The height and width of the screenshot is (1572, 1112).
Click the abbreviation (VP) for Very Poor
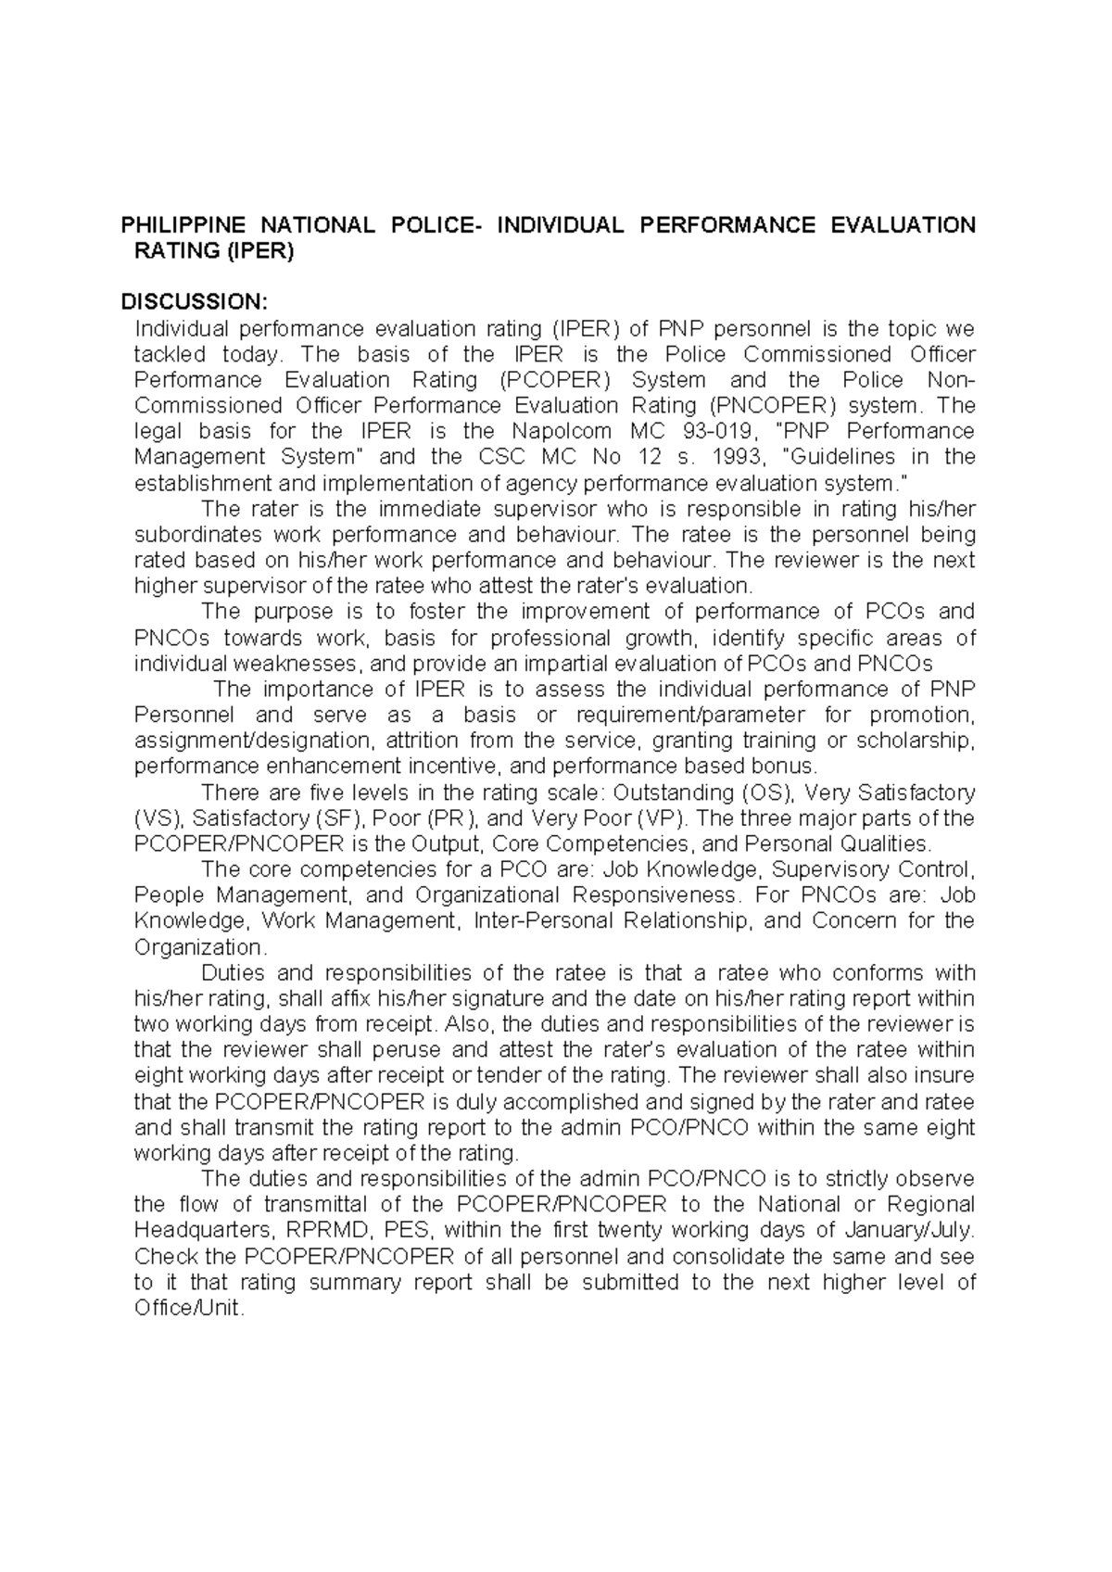coord(662,818)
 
